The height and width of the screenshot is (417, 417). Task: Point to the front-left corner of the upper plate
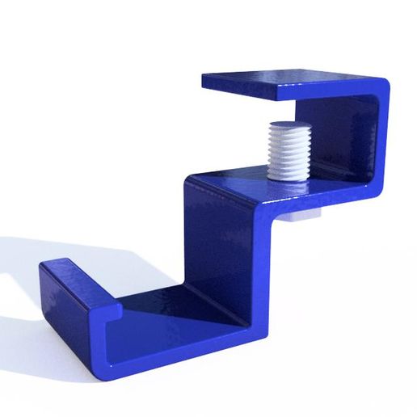pyautogui.click(x=206, y=81)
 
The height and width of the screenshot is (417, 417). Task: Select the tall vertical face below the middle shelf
pyautogui.click(x=222, y=242)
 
